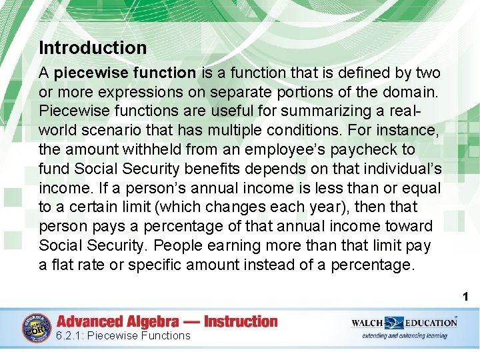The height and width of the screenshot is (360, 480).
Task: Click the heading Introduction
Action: pos(93,48)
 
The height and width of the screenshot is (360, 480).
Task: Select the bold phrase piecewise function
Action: pos(125,72)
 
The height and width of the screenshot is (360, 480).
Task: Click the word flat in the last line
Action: pos(62,265)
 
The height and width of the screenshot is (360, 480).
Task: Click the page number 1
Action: pos(467,297)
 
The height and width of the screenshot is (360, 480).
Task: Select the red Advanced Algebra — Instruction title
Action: pos(167,321)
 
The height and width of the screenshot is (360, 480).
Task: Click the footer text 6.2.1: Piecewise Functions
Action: pos(123,336)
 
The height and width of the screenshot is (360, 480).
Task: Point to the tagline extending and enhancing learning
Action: pos(405,336)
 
